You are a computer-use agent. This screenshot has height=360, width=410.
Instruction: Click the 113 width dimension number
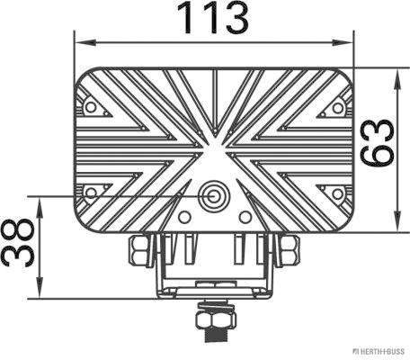[212, 18]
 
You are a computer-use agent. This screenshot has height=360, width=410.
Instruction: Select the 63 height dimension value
[378, 142]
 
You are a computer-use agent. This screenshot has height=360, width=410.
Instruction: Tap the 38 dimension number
[17, 246]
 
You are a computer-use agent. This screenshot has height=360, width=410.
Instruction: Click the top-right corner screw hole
[337, 106]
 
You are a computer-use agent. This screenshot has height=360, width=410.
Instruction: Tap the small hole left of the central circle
[185, 217]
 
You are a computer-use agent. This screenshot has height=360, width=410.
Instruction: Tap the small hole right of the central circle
[245, 217]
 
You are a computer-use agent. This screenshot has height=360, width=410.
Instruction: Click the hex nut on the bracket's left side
[140, 249]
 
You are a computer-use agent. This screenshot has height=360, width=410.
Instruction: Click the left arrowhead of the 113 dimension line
[80, 41]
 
